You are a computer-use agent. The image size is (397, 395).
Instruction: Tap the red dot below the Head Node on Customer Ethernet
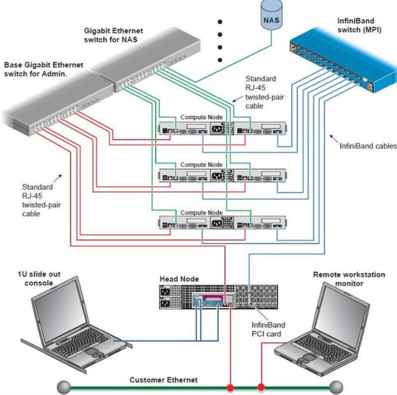coord(230,388)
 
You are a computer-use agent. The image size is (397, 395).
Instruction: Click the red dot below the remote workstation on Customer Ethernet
coord(261,388)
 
